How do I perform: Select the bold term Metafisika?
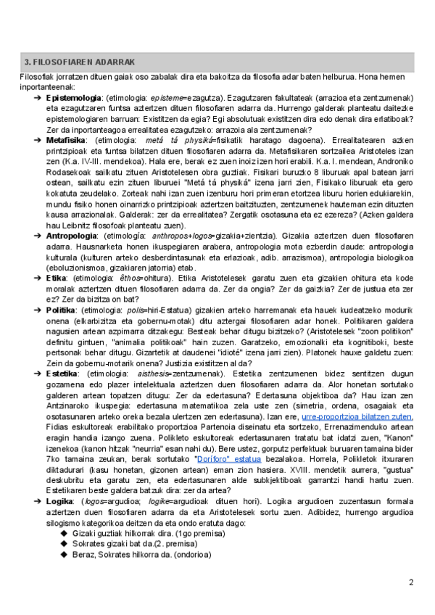click(66, 139)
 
